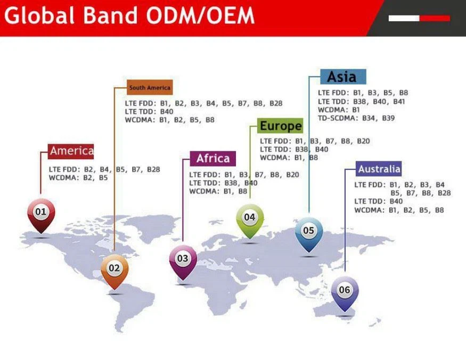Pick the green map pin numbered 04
point(250,218)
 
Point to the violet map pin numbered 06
point(345,291)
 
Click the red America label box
point(71,151)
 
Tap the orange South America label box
point(150,87)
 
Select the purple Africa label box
point(212,159)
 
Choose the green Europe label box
point(280,126)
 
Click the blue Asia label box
point(342,77)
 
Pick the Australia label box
point(379,169)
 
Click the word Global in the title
point(39,16)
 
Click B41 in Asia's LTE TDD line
point(399,101)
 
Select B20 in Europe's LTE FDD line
point(363,141)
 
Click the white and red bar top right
point(419,18)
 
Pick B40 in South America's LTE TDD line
point(167,112)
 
